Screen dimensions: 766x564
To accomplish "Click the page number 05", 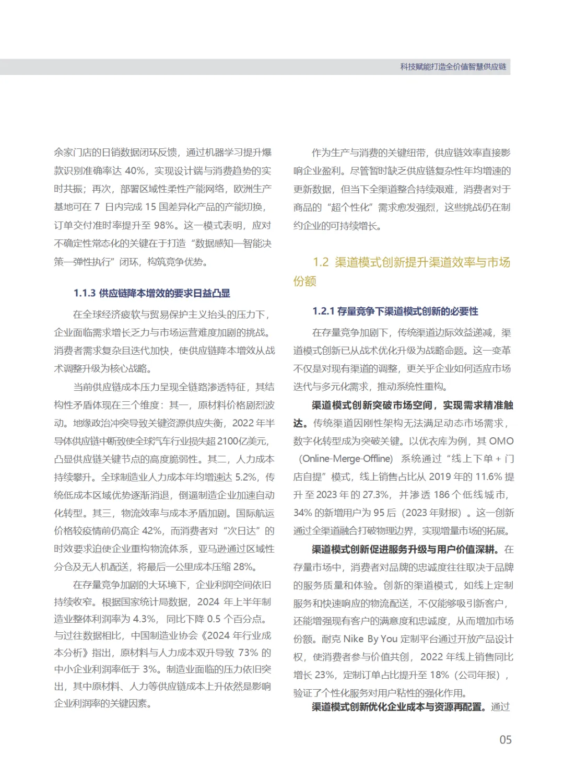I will tap(505, 739).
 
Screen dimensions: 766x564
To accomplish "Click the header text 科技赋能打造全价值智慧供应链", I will tap(453, 67).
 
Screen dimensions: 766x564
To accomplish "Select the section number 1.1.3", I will tap(85, 293).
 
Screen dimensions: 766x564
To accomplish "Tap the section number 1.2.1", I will tap(323, 311).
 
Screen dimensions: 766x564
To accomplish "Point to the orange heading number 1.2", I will tap(321, 262).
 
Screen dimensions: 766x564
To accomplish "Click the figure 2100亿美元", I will tap(242, 441).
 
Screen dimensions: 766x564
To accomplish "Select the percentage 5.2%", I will tap(246, 477).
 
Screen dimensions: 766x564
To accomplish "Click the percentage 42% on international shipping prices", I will tap(152, 531).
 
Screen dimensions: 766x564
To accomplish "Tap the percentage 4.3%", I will tap(145, 619).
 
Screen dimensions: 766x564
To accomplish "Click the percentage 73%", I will tap(248, 653).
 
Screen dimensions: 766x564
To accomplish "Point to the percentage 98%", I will tap(163, 225).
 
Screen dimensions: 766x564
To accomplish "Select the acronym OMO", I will tap(501, 441).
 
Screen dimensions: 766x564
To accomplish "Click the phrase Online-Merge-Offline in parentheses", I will tap(346, 459).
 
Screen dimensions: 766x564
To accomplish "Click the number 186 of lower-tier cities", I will tap(441, 495).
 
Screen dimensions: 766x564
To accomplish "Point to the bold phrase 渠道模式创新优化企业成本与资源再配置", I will tap(399, 707).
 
